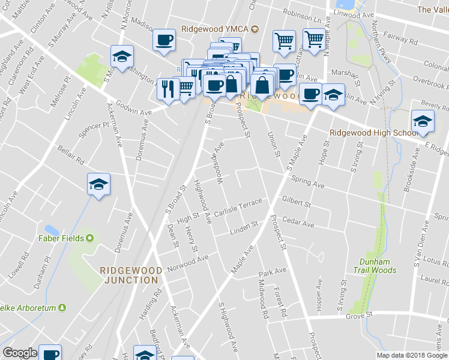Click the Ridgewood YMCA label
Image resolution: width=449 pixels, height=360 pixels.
click(x=215, y=29)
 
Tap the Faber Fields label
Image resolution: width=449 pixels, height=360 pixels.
click(x=66, y=238)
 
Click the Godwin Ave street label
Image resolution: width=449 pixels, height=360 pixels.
click(x=135, y=112)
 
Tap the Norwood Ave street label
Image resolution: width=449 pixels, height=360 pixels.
click(x=188, y=262)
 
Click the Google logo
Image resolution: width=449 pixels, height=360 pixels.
click(x=20, y=353)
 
